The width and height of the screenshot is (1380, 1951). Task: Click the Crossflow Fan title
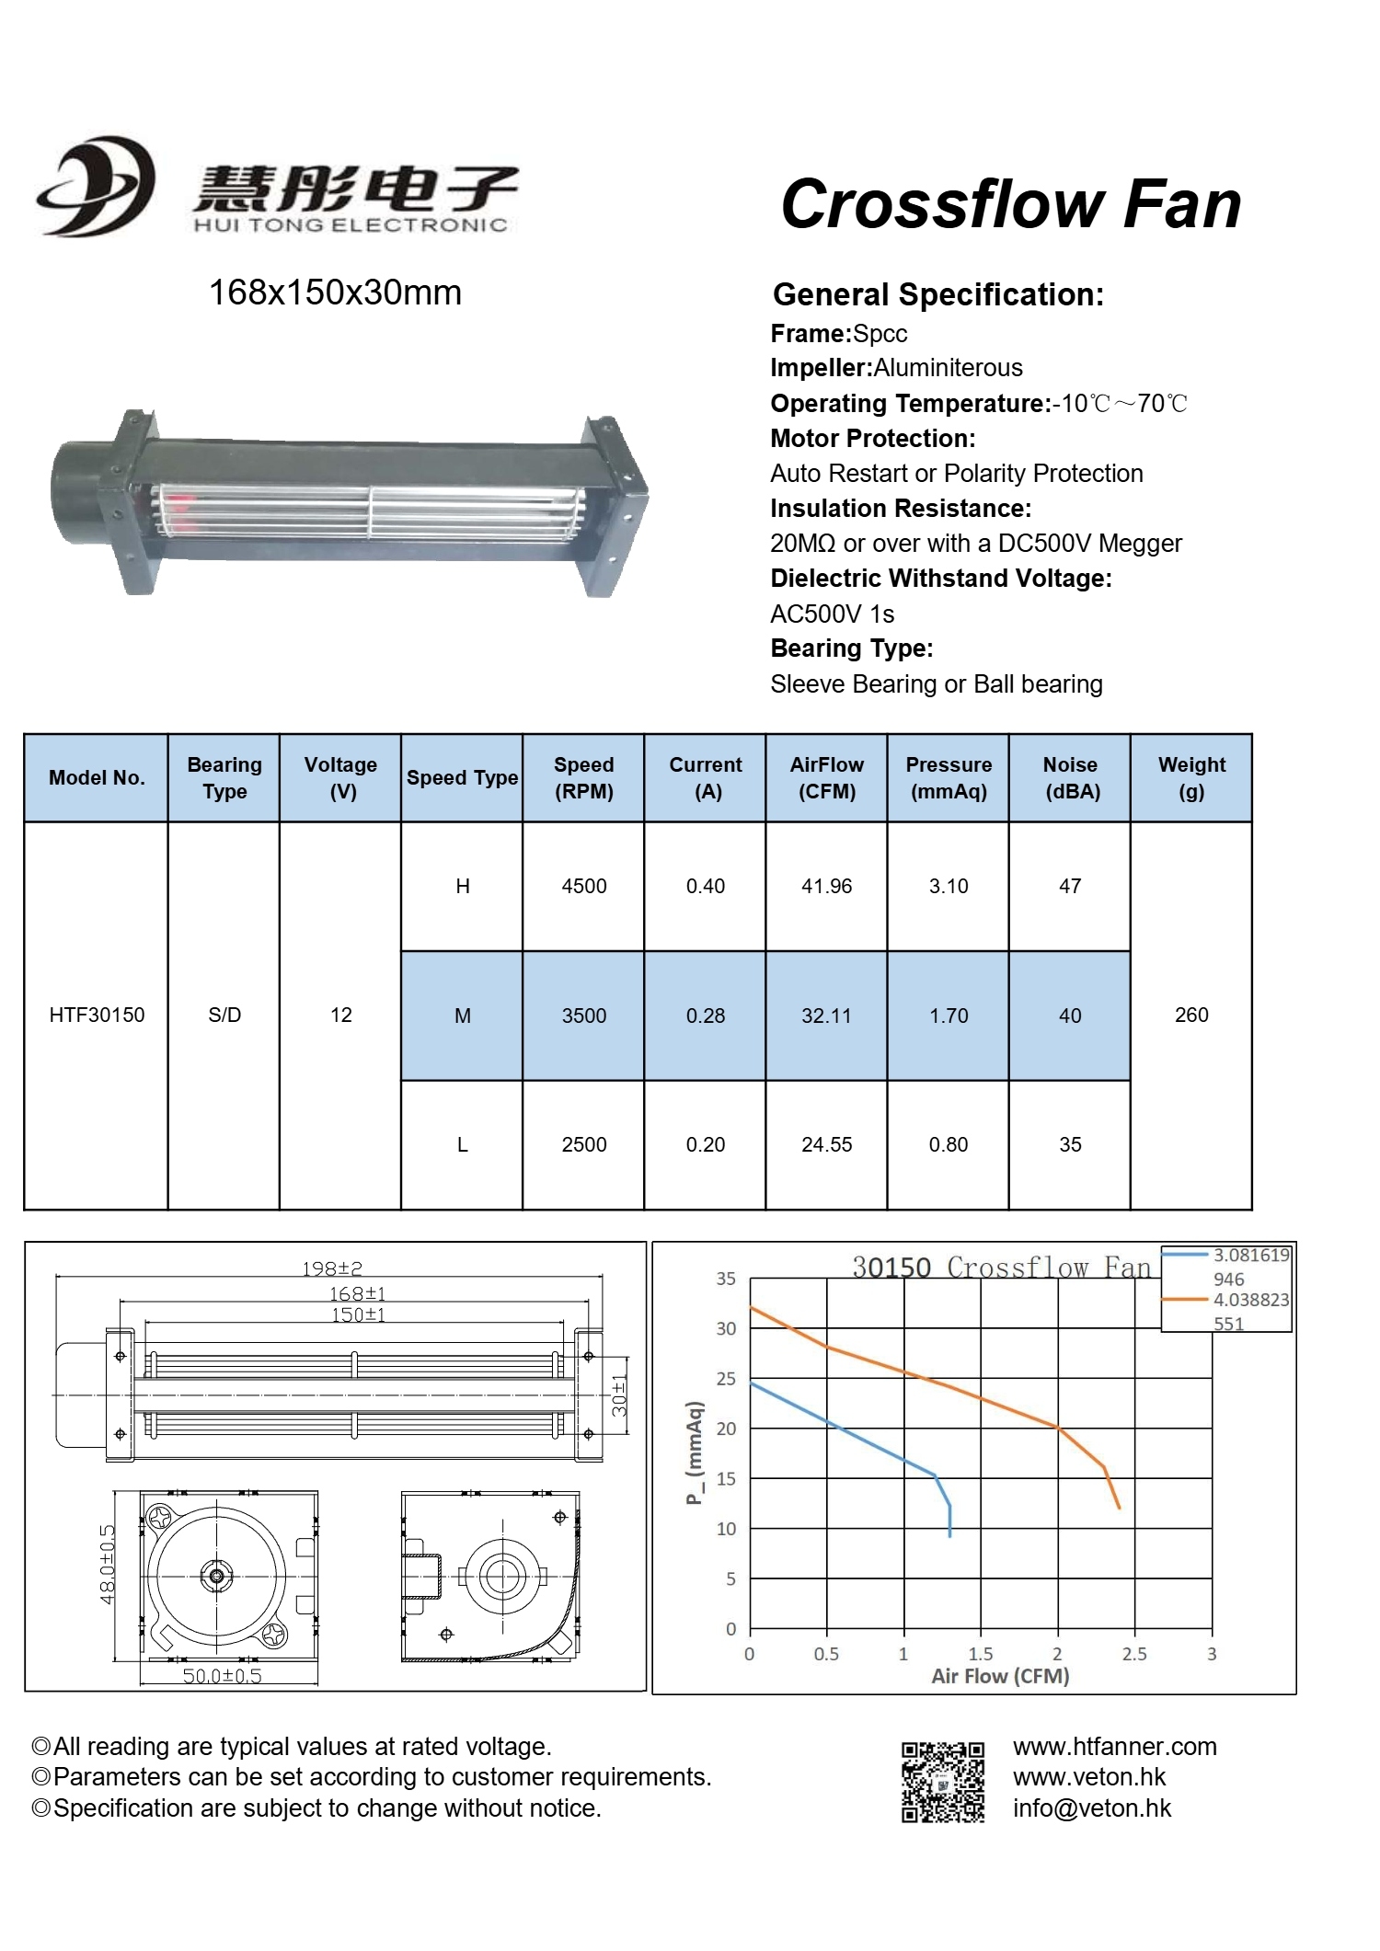pyautogui.click(x=1010, y=204)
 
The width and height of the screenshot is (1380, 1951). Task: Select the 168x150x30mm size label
pyautogui.click(x=335, y=293)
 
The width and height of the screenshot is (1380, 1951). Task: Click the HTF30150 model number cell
pyautogui.click(x=97, y=1015)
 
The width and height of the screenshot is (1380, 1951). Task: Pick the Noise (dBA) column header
pyautogui.click(x=1070, y=778)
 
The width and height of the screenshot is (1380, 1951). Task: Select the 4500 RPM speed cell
pyautogui.click(x=584, y=886)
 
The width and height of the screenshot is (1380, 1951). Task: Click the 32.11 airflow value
pyautogui.click(x=826, y=1016)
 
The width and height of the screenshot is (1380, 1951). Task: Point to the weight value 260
pyautogui.click(x=1191, y=1015)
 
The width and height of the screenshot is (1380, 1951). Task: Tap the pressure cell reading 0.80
pyautogui.click(x=949, y=1144)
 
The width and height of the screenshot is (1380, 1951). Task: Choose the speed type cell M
pyautogui.click(x=463, y=1016)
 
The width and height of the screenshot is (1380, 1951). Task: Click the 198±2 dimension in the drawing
pyautogui.click(x=332, y=1268)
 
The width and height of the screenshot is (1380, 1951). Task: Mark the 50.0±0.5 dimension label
pyautogui.click(x=222, y=1676)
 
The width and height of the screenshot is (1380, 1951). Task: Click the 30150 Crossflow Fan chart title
pyautogui.click(x=1001, y=1268)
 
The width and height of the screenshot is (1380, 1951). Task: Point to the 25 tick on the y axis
pyautogui.click(x=727, y=1379)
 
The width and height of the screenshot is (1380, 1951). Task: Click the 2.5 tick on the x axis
pyautogui.click(x=1134, y=1654)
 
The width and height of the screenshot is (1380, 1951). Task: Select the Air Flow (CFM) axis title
pyautogui.click(x=1000, y=1676)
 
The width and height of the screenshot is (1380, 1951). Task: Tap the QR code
pyautogui.click(x=943, y=1782)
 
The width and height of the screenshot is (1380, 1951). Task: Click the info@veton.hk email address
pyautogui.click(x=1092, y=1808)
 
